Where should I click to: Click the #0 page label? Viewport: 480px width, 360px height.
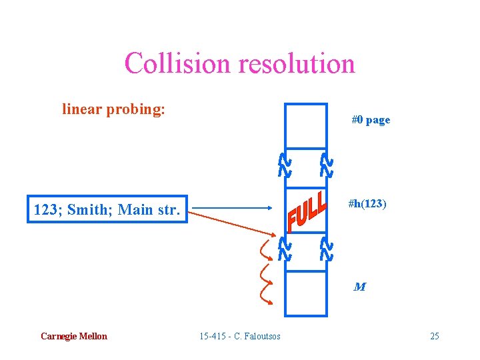pyautogui.click(x=371, y=120)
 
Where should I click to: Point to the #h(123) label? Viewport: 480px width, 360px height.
pyautogui.click(x=367, y=204)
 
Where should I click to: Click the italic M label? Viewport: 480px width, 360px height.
pyautogui.click(x=359, y=287)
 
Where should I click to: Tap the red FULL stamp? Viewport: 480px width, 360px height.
pyautogui.click(x=307, y=212)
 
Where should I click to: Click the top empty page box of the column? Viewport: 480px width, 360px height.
pyautogui.click(x=305, y=127)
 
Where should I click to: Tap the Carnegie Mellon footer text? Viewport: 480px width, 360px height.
pyautogui.click(x=73, y=336)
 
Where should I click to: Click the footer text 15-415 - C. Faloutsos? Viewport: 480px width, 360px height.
pyautogui.click(x=240, y=336)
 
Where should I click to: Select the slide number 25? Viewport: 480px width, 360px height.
pyautogui.click(x=434, y=336)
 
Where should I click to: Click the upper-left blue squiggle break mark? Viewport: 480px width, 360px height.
pyautogui.click(x=284, y=165)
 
